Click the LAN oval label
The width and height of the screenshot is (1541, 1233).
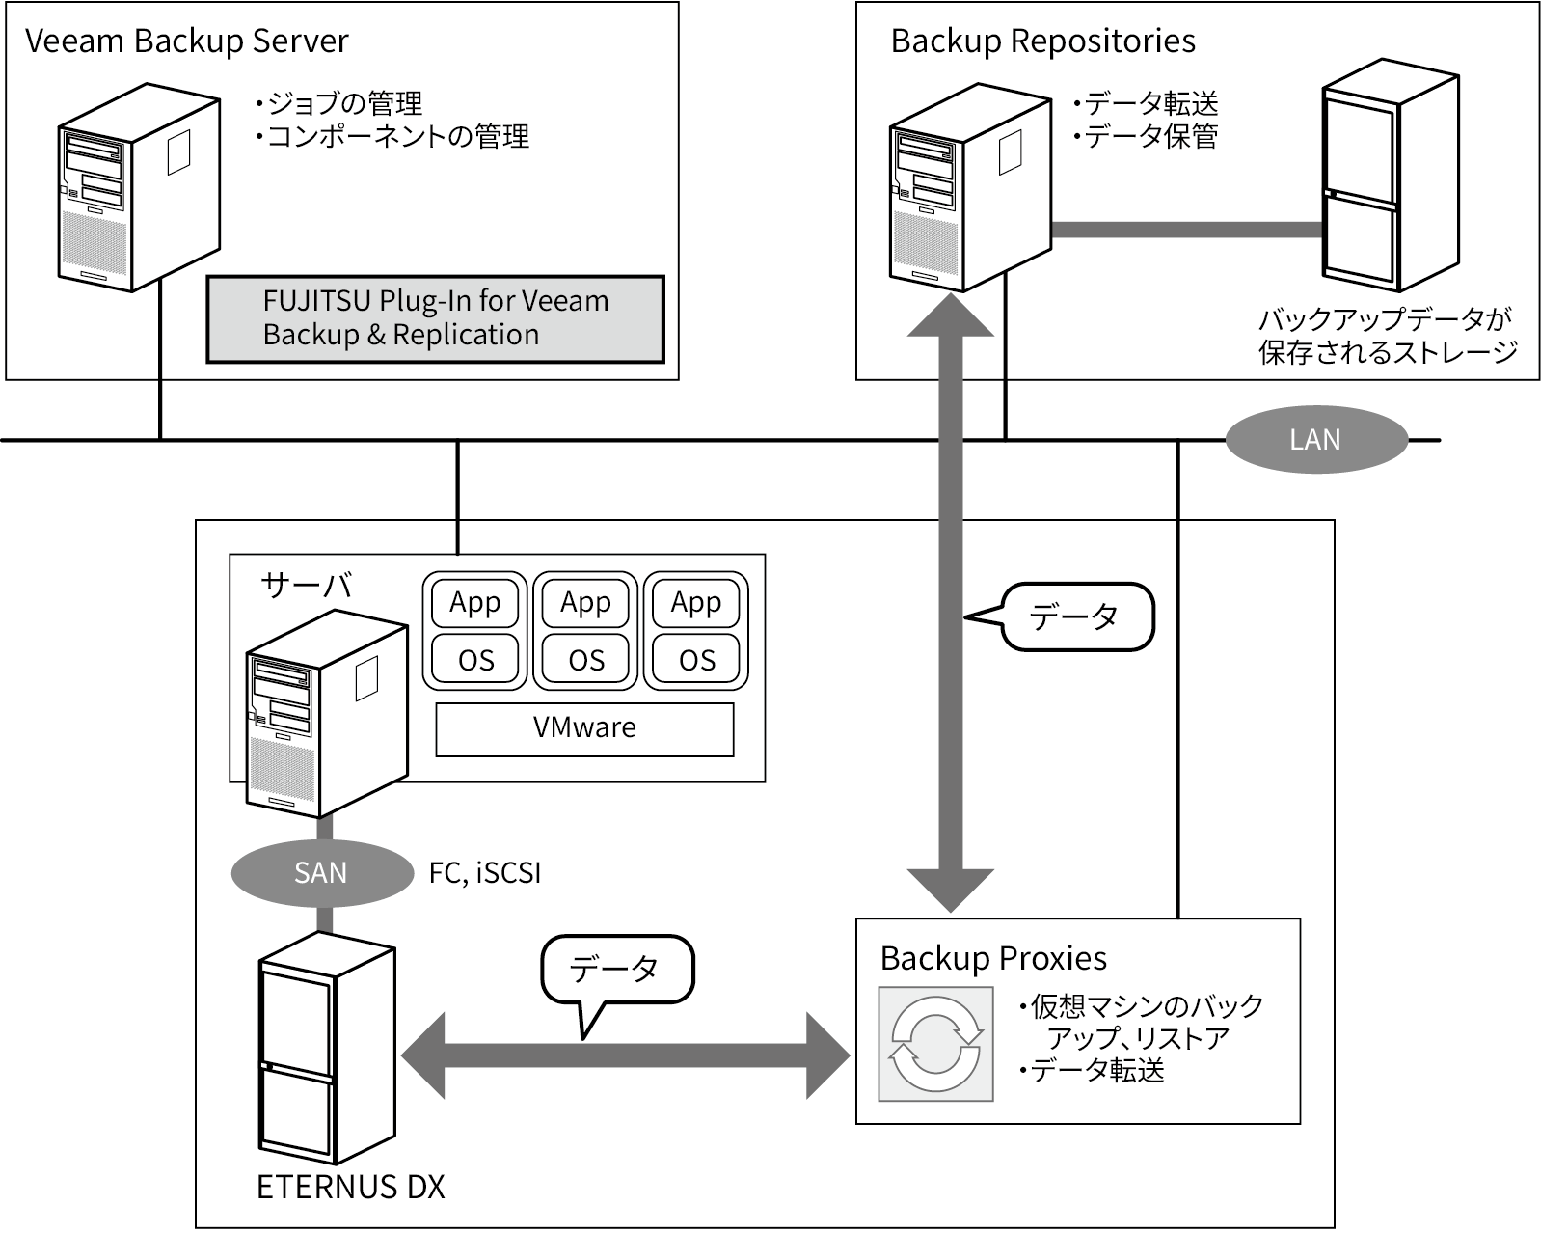(x=1315, y=440)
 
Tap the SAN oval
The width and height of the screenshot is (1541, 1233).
(x=320, y=873)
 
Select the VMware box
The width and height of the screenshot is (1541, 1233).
(x=584, y=728)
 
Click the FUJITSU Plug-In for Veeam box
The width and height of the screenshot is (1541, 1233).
(x=436, y=319)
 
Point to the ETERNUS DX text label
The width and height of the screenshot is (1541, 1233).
(x=351, y=1187)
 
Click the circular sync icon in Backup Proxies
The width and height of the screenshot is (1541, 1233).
(x=935, y=1044)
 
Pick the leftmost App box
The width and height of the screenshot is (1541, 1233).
(x=474, y=603)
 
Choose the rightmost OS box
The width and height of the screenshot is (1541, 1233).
(x=696, y=660)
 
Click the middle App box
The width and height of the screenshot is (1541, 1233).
(x=585, y=603)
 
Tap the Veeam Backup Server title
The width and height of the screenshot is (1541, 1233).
(x=186, y=41)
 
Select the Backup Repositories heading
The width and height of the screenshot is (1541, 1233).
(x=1042, y=41)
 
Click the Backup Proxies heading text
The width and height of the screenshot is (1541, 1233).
(x=993, y=958)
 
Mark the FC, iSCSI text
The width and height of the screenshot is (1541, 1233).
(x=485, y=873)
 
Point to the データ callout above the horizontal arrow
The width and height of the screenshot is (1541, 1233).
(x=617, y=969)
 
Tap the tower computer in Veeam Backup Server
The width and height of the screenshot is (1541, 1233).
(x=137, y=188)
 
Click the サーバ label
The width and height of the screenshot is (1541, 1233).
(x=306, y=585)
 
